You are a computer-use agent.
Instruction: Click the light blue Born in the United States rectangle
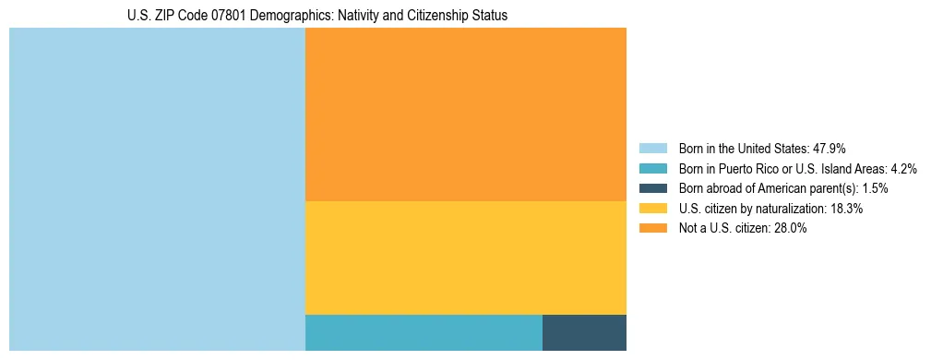(157, 189)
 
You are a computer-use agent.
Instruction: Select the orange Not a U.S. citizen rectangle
(465, 114)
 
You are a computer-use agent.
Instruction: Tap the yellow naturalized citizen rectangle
(465, 257)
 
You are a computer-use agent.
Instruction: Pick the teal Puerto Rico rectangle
(424, 332)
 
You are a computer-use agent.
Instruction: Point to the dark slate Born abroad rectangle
(584, 332)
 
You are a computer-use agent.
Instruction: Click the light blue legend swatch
(652, 148)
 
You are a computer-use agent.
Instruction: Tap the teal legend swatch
(652, 168)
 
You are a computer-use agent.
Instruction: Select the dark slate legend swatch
(652, 188)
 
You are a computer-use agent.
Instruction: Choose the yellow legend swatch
(652, 209)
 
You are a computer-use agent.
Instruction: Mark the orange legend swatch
(652, 229)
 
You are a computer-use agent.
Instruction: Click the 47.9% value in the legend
(829, 148)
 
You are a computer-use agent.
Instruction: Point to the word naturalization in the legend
(782, 209)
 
